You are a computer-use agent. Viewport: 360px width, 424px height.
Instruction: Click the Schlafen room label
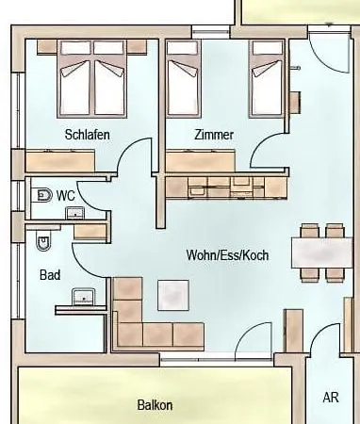click(88, 135)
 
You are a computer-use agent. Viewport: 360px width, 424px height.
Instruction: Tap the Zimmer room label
click(214, 135)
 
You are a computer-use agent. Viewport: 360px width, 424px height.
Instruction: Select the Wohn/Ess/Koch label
click(227, 254)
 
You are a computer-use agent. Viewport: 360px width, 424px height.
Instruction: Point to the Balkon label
click(155, 405)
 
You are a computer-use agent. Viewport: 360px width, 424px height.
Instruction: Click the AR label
click(331, 398)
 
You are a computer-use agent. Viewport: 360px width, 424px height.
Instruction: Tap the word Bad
click(50, 275)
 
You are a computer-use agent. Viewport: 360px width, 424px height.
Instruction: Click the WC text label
click(66, 195)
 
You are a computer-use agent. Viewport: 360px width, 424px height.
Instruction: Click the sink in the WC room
click(74, 213)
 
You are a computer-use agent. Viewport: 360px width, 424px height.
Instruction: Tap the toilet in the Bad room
click(43, 240)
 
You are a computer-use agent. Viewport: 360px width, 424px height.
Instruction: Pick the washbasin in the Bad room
click(84, 297)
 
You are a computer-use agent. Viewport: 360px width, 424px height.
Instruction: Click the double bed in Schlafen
click(92, 79)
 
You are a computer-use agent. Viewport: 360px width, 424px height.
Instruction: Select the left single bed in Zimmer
click(183, 79)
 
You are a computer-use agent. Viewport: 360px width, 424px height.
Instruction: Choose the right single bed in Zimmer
click(267, 79)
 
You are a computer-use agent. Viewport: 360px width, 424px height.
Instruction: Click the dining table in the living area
click(322, 253)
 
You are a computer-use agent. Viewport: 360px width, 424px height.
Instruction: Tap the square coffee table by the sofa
click(173, 295)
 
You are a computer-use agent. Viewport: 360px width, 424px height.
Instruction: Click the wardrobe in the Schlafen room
click(60, 161)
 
